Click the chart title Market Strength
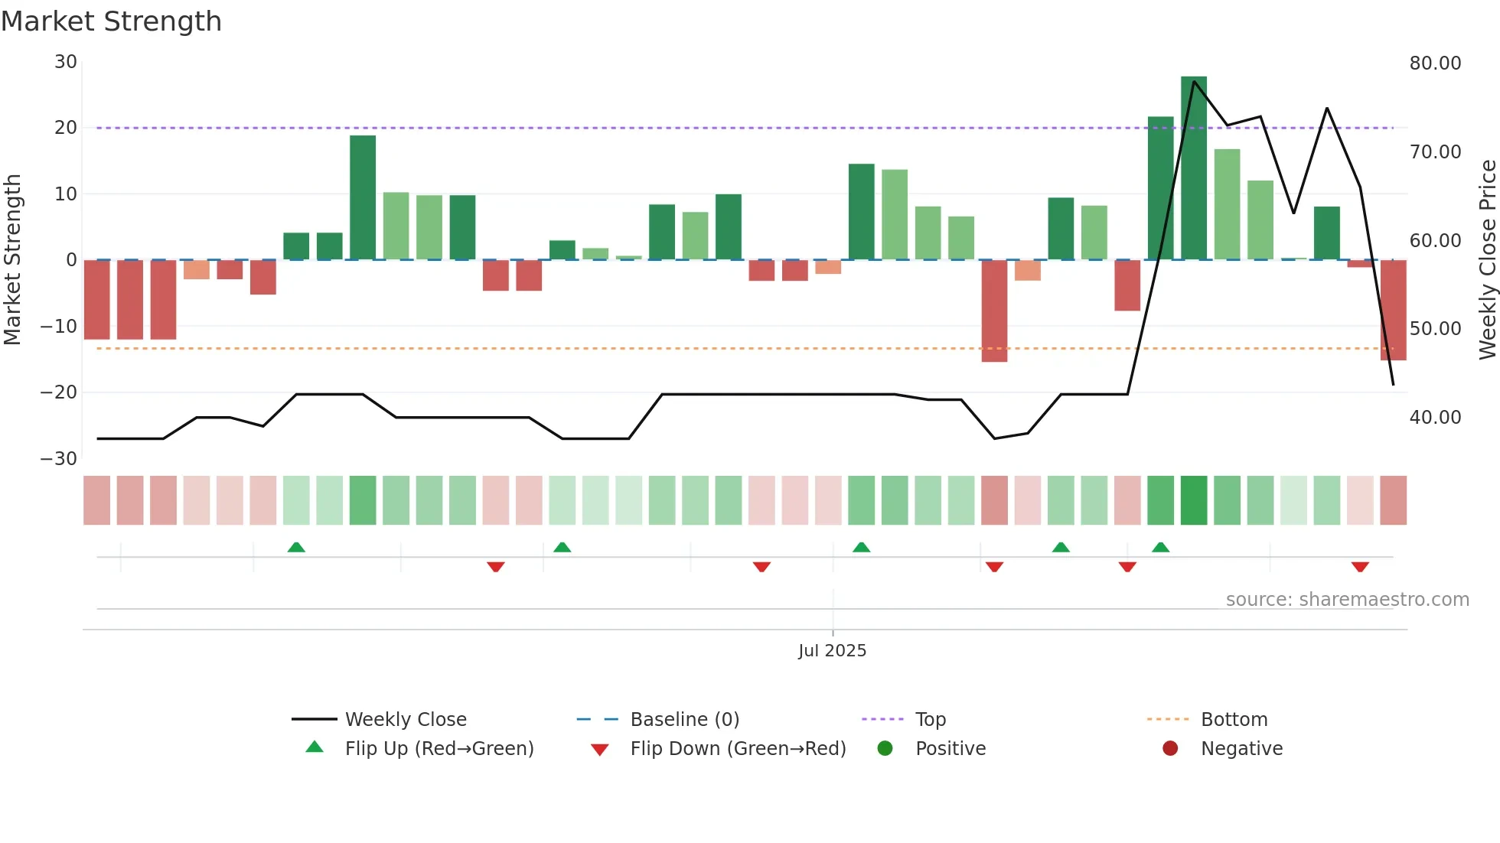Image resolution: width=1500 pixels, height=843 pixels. point(111,21)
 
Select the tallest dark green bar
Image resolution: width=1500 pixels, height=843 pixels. point(1193,168)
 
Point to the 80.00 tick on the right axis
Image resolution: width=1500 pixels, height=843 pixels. point(1435,63)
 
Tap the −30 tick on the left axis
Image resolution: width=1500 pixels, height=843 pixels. point(59,459)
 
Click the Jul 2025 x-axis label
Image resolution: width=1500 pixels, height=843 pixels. point(832,651)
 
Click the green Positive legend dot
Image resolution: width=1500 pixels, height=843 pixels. point(885,749)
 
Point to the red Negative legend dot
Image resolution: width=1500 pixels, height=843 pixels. point(1170,749)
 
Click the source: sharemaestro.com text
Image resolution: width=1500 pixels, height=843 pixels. point(1347,600)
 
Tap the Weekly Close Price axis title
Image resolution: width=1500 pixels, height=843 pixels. point(1487,260)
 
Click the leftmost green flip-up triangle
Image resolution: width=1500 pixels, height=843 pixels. point(296,547)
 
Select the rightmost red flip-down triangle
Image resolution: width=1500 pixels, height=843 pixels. point(1360,567)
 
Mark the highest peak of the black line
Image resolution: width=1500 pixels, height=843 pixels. point(1194,81)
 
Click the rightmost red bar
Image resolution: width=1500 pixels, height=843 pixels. point(1393,310)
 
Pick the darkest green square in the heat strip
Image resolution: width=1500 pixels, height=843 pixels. point(1193,500)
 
